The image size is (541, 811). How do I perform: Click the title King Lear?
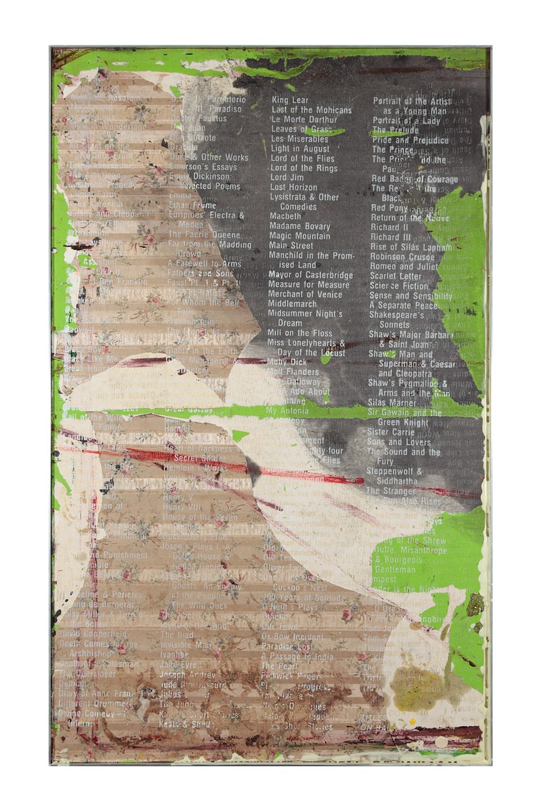coord(290,100)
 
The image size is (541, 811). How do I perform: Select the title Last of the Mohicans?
coord(312,110)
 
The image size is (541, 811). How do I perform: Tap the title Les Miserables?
coord(299,139)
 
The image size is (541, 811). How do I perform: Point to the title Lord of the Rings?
coord(304,168)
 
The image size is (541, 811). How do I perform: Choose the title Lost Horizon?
coord(294,187)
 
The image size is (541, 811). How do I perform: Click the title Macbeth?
coord(286,216)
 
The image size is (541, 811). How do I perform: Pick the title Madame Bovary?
coord(300,226)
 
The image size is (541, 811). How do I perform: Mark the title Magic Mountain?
coord(299,236)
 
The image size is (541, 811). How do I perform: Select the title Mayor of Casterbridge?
coord(310,275)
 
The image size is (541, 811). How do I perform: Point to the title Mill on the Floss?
coord(299,333)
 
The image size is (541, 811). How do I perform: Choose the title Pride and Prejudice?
coord(410,140)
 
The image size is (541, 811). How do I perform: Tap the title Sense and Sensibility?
coord(411,296)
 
